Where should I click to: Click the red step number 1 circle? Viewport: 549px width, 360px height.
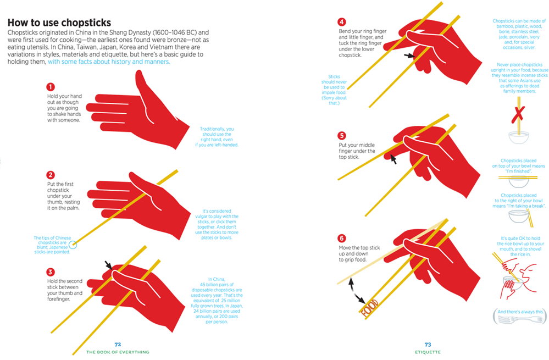(51, 87)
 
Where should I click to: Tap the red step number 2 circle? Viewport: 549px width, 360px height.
(51, 175)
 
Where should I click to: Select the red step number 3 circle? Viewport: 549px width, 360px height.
(51, 272)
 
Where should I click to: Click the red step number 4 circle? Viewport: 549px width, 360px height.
(342, 22)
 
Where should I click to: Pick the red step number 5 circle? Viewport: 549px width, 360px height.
(342, 136)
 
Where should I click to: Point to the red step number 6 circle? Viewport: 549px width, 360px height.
(342, 239)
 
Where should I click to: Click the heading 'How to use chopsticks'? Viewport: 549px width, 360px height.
(59, 23)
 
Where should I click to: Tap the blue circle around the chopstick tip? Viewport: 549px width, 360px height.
(73, 245)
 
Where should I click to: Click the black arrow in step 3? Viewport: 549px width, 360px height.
(108, 265)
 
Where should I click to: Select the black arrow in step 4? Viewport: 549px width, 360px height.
(409, 56)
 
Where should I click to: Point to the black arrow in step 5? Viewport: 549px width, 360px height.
(393, 159)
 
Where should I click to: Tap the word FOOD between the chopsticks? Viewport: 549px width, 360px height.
(370, 308)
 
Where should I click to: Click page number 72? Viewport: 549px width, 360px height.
(118, 345)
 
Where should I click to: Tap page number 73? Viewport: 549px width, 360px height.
(428, 345)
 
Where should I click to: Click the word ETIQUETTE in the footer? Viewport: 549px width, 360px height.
(428, 352)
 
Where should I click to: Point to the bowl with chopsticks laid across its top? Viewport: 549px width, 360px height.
(518, 181)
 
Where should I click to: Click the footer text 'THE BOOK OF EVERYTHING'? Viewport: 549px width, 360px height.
(118, 352)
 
